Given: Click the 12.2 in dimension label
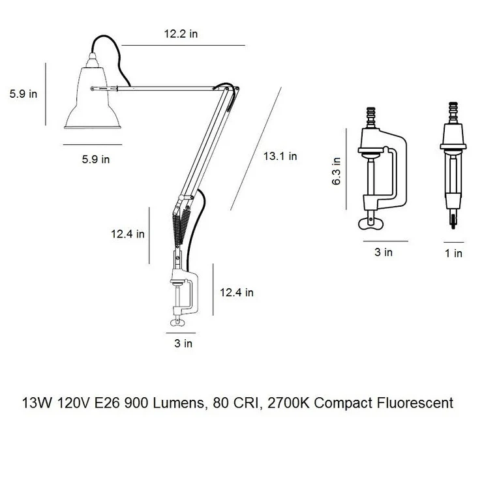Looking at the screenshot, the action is coord(181,34).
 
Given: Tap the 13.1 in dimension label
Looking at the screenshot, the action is coord(280,156).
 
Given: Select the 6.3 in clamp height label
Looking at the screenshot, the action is coord(337,171).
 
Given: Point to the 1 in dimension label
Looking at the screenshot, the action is coord(454,253).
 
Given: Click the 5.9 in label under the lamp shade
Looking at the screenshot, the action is coord(96,159).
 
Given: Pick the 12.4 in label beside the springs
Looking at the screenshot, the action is coord(128,234).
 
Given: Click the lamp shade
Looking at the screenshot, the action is coord(92,97).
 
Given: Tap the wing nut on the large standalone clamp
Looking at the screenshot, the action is coord(371,223).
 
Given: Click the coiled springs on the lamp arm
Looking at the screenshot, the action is coord(181,224).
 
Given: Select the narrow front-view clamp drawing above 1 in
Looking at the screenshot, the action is coord(453,166).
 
